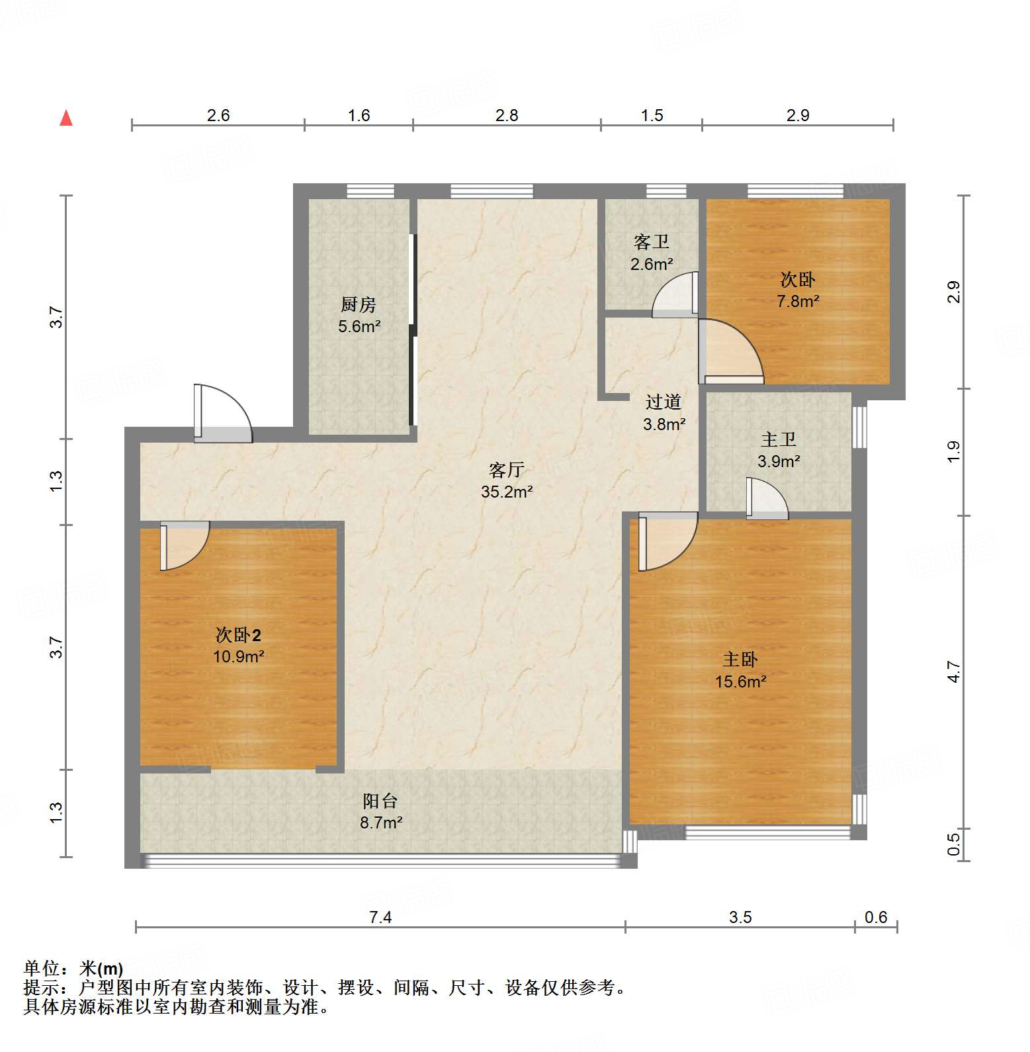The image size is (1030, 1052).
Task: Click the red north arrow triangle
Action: click(x=66, y=118)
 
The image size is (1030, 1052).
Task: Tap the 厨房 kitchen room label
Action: click(x=359, y=305)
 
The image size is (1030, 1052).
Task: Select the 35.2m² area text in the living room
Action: click(x=507, y=492)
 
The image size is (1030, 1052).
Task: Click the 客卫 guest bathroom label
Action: click(x=651, y=242)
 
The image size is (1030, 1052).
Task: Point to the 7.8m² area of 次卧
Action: click(x=798, y=302)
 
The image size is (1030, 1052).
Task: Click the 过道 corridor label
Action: click(x=664, y=402)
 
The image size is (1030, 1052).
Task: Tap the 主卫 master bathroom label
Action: click(x=779, y=439)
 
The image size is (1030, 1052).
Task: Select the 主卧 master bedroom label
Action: click(x=740, y=660)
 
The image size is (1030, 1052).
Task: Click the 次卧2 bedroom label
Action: click(x=238, y=636)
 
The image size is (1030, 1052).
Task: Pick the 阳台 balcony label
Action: click(x=380, y=801)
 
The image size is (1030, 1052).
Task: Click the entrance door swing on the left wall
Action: click(x=222, y=414)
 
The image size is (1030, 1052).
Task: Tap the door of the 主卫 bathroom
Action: click(x=766, y=499)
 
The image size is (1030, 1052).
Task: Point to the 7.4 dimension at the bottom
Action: click(x=380, y=917)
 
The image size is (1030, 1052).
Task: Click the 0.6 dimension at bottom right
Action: click(x=876, y=917)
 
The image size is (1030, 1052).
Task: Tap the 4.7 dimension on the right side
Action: click(x=953, y=672)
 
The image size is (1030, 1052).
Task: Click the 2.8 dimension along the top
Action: click(x=507, y=116)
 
